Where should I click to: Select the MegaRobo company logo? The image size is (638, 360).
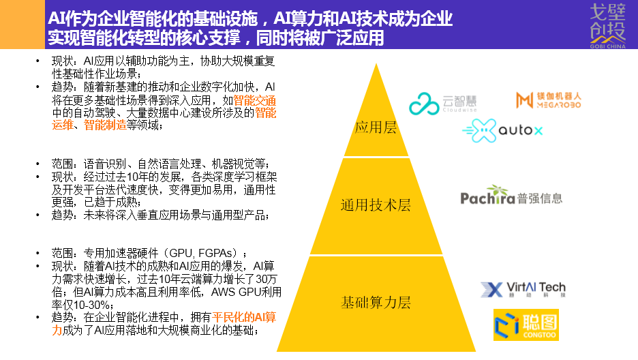pyautogui.click(x=549, y=100)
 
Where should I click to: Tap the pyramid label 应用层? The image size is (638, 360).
pyautogui.click(x=375, y=127)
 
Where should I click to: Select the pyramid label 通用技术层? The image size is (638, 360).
pyautogui.click(x=376, y=205)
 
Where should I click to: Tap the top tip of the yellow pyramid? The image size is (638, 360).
pyautogui.click(x=375, y=65)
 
